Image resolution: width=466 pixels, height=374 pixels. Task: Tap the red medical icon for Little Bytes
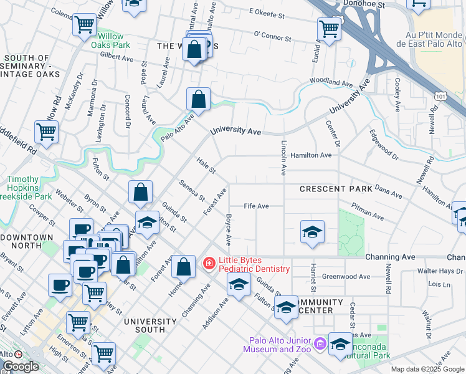(x=209, y=264)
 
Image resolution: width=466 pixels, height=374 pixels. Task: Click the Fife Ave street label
(x=256, y=206)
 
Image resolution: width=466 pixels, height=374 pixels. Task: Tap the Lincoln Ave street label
(x=283, y=161)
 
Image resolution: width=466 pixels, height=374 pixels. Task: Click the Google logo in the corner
(x=21, y=367)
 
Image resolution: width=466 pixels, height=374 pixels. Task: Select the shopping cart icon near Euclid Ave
(x=328, y=27)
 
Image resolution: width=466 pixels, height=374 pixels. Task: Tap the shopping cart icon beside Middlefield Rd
(x=46, y=132)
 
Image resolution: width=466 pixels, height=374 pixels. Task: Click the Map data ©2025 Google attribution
(x=427, y=369)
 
